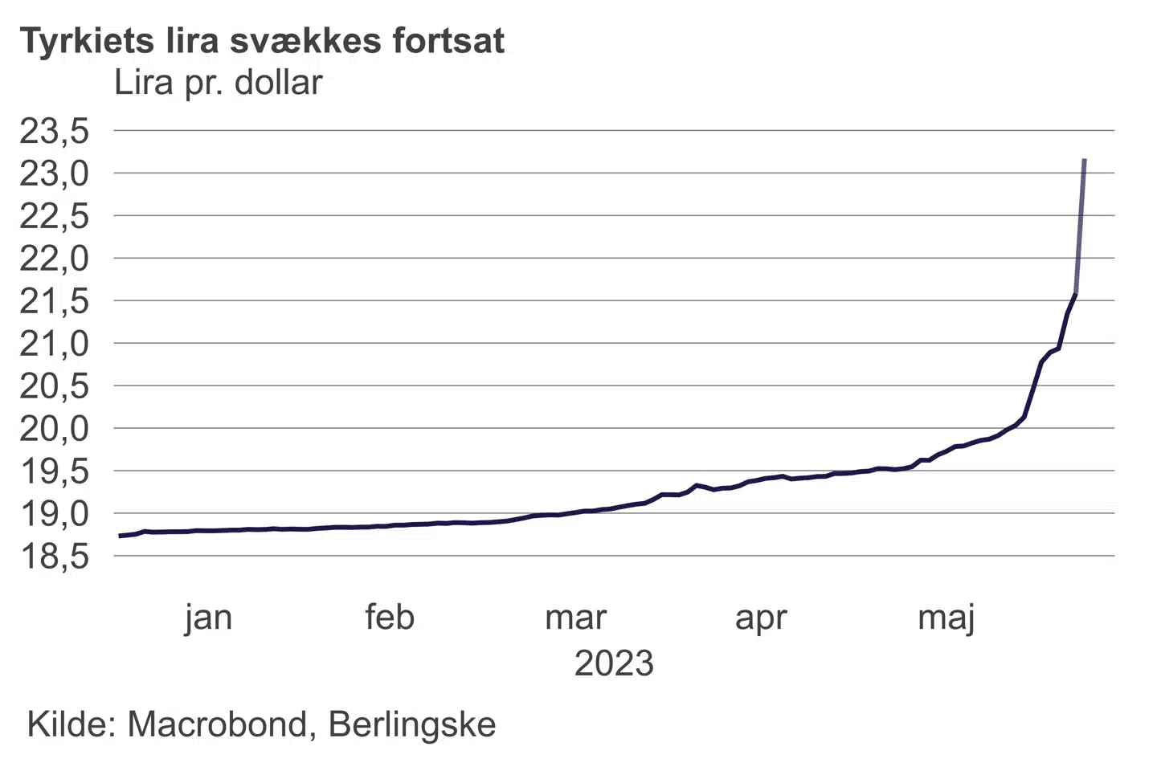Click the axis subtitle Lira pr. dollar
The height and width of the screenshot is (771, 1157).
(x=218, y=83)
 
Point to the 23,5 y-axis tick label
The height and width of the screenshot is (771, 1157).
(x=55, y=132)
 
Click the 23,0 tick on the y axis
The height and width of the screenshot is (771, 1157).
(x=55, y=174)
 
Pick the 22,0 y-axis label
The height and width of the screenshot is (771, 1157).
(x=55, y=259)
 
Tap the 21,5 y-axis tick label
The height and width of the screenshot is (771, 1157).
(x=55, y=302)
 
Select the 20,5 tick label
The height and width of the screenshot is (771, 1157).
(x=55, y=387)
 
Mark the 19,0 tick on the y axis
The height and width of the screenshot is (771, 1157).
(x=55, y=514)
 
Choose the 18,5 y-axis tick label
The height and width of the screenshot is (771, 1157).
(x=55, y=557)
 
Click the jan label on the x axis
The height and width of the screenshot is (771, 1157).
(x=208, y=618)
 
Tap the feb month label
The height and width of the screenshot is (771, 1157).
(x=390, y=618)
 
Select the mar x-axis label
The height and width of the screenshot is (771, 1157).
(x=575, y=618)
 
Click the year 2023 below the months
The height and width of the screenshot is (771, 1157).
(x=614, y=664)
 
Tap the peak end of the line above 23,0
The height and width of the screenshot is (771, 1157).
(x=1085, y=161)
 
